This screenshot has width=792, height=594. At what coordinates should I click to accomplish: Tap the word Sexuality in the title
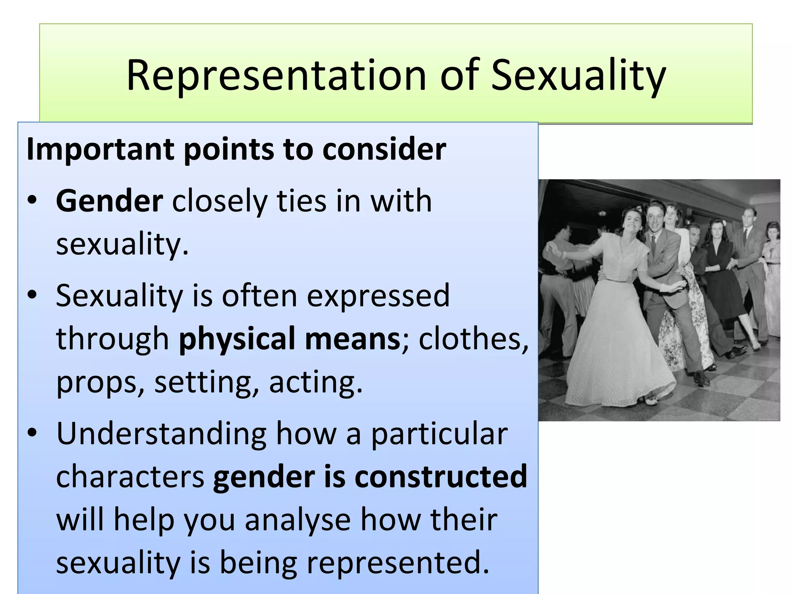pos(578,75)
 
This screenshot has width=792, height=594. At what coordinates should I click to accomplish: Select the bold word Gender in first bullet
pos(109,201)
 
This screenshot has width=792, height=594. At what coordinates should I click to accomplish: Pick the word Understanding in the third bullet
pos(161,434)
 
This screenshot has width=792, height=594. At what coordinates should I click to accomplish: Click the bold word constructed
pos(441,476)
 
